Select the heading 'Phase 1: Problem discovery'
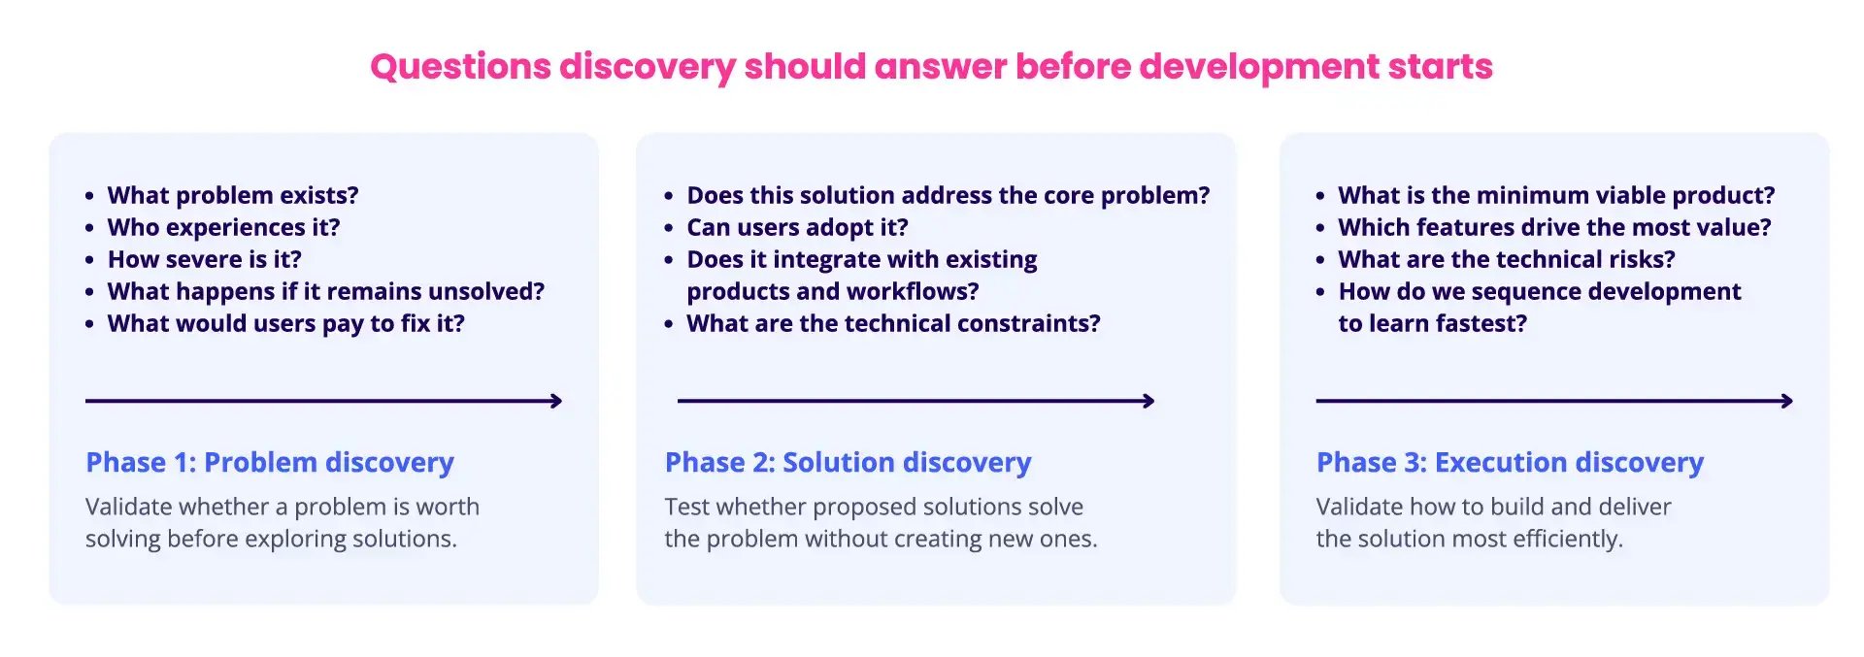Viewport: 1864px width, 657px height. [270, 462]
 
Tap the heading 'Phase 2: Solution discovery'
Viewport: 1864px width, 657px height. [848, 462]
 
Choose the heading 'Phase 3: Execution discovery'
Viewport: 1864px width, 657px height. [1510, 462]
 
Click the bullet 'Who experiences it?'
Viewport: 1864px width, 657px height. [223, 227]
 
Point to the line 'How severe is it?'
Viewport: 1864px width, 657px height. [204, 259]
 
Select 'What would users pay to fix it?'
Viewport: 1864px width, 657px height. [285, 323]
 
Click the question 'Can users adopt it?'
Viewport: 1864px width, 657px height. [797, 227]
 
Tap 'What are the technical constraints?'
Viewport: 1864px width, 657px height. [893, 323]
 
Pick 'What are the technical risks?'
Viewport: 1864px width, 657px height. [1506, 259]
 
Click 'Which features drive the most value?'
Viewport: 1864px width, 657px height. [1554, 227]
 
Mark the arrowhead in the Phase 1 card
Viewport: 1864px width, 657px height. [556, 401]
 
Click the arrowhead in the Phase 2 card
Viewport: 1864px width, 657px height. [1148, 401]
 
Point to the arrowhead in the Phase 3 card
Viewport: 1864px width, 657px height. [1786, 401]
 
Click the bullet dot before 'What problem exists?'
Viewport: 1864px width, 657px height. [89, 196]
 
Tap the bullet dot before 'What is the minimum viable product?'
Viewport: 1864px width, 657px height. [1320, 196]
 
